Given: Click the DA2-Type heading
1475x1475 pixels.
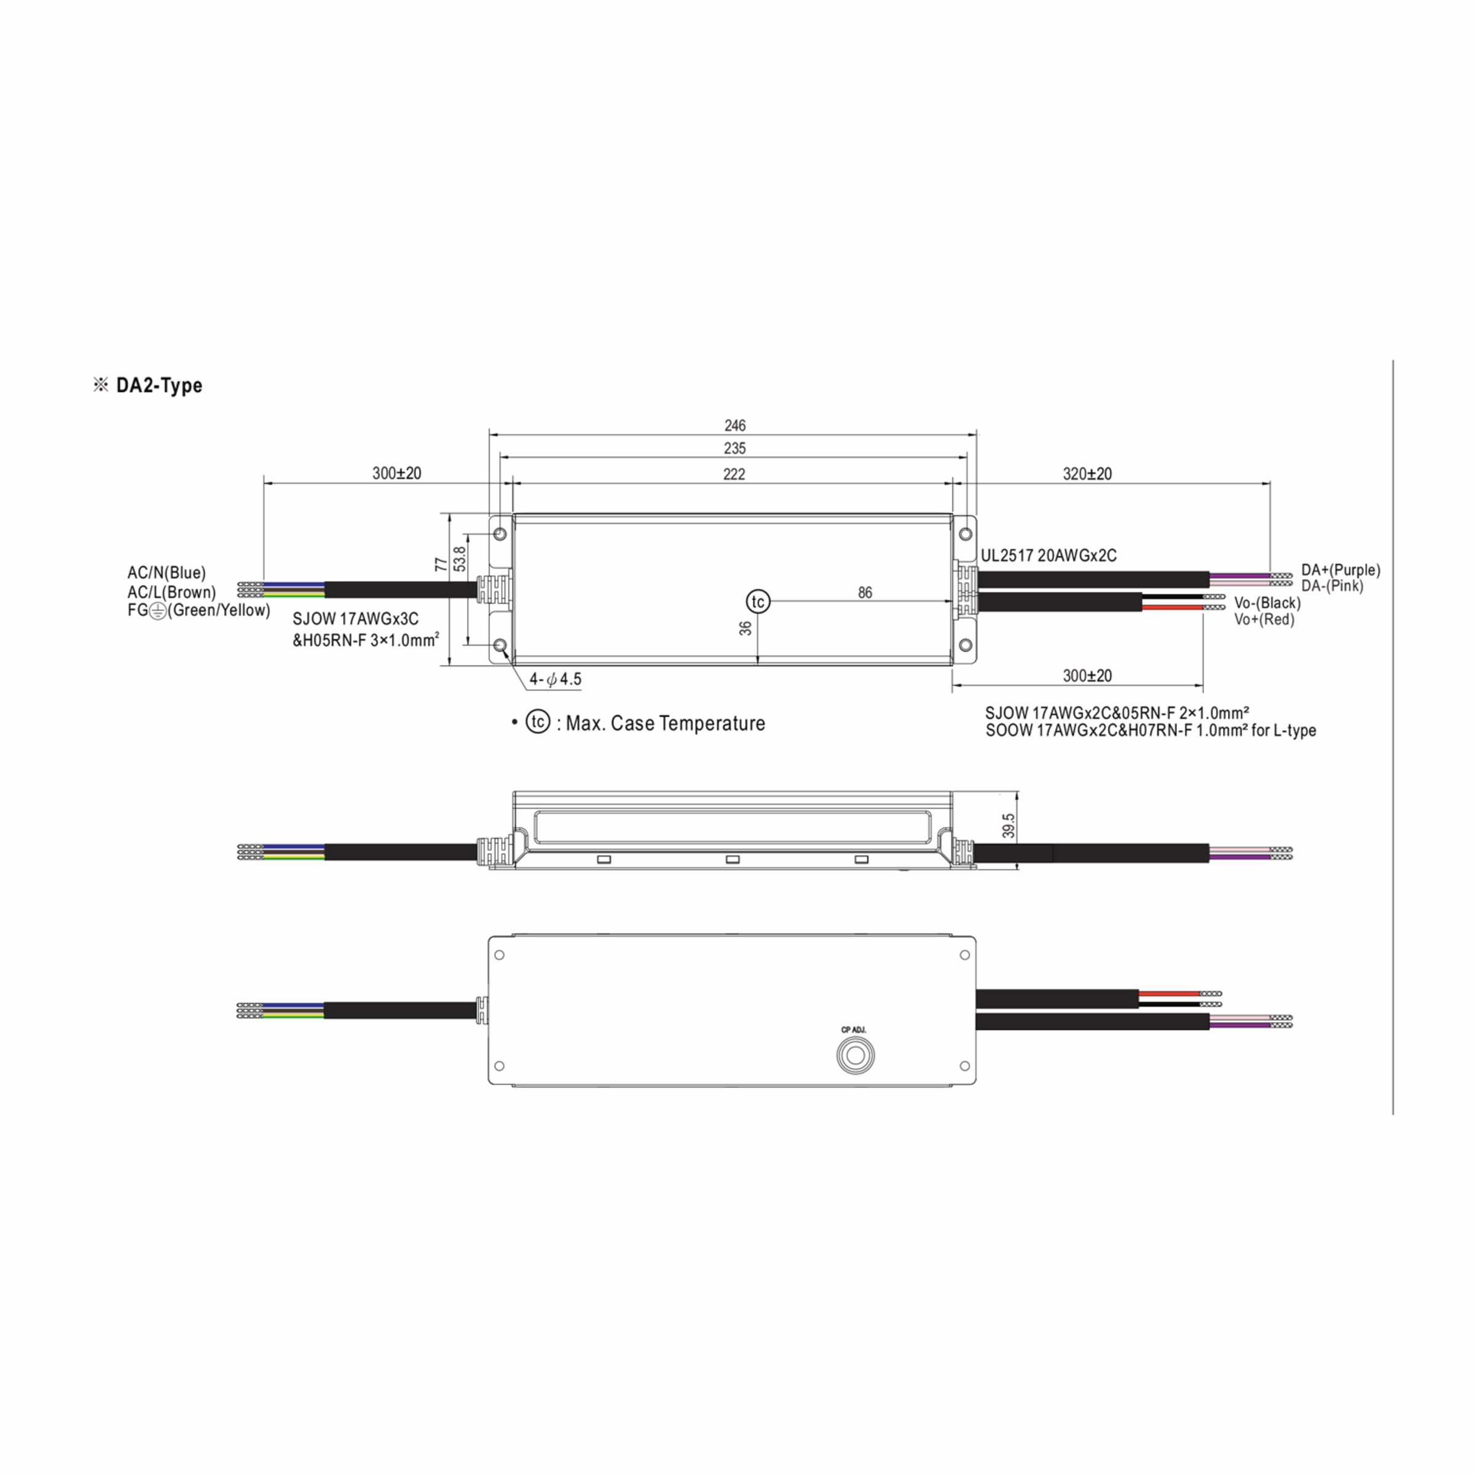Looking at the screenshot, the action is (x=159, y=385).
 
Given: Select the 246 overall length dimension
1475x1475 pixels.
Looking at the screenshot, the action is (x=734, y=425).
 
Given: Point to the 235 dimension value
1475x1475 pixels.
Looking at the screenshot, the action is (x=734, y=448).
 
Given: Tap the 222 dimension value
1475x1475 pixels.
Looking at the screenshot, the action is (x=734, y=474).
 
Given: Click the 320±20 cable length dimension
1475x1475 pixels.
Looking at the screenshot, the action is (x=1087, y=473).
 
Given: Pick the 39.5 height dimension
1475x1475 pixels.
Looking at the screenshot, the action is (x=1009, y=826).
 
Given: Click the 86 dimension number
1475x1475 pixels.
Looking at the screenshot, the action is (x=865, y=592).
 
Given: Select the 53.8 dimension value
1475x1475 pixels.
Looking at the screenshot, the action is (x=459, y=559).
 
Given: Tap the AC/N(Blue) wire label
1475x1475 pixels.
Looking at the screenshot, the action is (x=167, y=573).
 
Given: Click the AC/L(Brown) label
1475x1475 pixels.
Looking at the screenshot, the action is (x=172, y=592).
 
